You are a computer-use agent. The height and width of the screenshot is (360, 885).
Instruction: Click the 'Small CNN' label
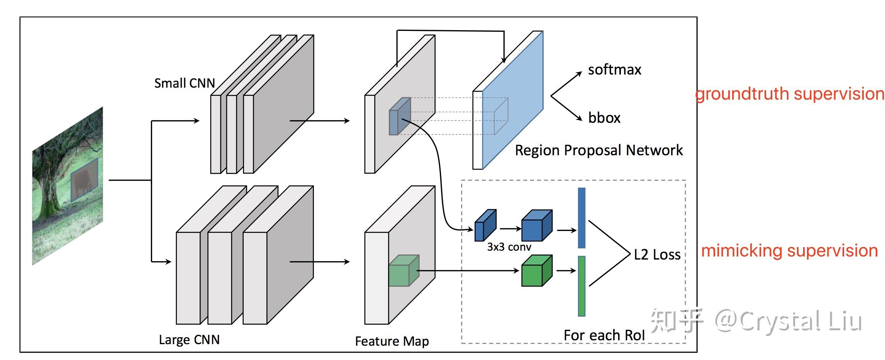(x=184, y=83)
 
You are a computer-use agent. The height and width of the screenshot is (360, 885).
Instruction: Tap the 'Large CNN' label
(x=189, y=340)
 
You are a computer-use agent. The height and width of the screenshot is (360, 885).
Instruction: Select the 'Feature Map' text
(x=392, y=341)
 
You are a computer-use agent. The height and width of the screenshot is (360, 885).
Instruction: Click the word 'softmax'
(x=614, y=70)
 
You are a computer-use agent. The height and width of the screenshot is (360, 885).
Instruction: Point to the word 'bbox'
(x=604, y=118)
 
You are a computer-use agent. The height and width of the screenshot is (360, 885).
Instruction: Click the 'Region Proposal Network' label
(x=598, y=150)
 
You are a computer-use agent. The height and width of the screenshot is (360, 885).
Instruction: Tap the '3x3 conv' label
(x=509, y=247)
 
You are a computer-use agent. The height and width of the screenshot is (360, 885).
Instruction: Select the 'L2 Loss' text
(x=657, y=255)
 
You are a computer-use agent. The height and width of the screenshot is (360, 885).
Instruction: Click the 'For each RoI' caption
(x=604, y=335)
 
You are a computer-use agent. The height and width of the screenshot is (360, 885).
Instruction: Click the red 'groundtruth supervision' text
(x=789, y=94)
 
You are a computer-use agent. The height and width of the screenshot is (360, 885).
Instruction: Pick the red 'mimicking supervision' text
(x=789, y=251)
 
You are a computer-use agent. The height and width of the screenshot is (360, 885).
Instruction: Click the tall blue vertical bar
(x=582, y=218)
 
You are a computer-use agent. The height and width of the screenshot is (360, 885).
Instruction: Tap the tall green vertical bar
(x=582, y=286)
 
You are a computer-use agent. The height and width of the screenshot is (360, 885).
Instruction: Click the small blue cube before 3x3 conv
(x=485, y=226)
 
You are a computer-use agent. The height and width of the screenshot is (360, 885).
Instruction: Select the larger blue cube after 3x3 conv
(x=536, y=226)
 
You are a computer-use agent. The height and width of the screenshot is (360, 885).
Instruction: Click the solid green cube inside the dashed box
(x=536, y=271)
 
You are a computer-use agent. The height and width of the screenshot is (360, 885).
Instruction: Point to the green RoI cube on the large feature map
(x=403, y=271)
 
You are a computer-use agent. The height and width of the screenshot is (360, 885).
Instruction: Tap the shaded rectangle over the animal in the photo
(x=84, y=180)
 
